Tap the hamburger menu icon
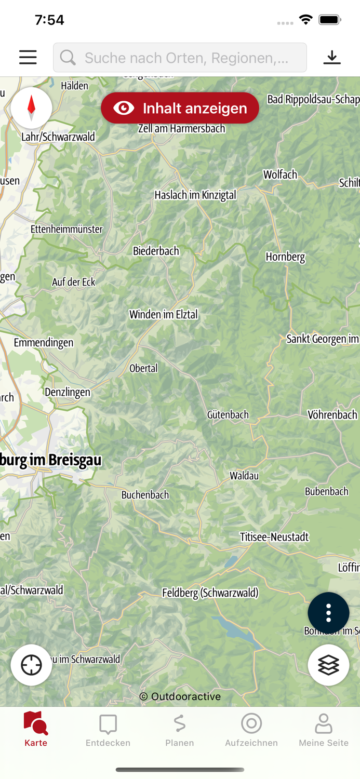pos(28,57)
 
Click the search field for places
pos(180,58)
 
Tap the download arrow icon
pos(332,57)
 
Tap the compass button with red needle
pos(31,108)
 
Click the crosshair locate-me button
pos(31,665)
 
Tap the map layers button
pos(328,665)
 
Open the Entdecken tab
pos(108,730)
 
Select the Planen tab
pos(180,730)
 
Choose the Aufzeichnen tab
pos(251,730)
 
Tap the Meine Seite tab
pos(323,730)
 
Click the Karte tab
pos(36,730)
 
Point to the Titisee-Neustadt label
pos(274,537)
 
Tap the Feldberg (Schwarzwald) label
pos(210,593)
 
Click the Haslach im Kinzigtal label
pos(195,195)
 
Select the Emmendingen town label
pos(44,343)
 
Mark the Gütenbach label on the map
pos(228,415)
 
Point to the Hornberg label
pos(285,257)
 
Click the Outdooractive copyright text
pos(180,696)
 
